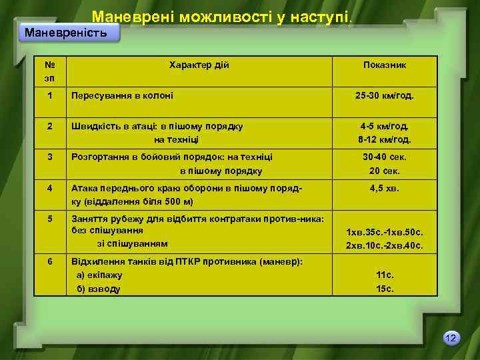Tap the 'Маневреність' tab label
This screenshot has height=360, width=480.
click(65, 33)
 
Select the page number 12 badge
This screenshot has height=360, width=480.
click(451, 339)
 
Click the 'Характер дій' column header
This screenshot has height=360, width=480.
click(199, 65)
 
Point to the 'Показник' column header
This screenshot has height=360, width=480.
click(385, 65)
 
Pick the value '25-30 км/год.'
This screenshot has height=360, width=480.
click(385, 96)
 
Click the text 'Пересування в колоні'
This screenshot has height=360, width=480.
click(123, 96)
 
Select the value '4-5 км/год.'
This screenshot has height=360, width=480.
click(385, 126)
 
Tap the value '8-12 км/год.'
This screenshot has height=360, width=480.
click(385, 140)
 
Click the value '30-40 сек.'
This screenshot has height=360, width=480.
click(385, 157)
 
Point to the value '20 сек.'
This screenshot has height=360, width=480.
click(385, 171)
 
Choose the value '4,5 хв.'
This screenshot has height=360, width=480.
click(385, 189)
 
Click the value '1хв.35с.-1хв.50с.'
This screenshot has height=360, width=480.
click(385, 233)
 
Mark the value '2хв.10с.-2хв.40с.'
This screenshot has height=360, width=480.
click(385, 246)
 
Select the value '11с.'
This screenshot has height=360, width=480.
click(385, 275)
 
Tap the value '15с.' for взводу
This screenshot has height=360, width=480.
click(385, 289)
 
